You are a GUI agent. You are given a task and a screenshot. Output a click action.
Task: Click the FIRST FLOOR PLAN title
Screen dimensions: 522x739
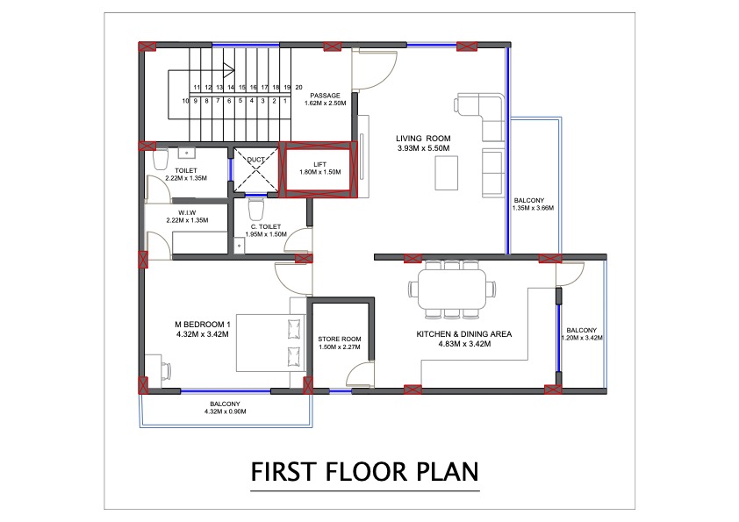pos(365,472)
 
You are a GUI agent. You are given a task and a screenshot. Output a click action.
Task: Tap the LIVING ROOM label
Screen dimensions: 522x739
pos(422,139)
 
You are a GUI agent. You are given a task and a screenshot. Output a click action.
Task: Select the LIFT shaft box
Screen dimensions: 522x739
pos(319,168)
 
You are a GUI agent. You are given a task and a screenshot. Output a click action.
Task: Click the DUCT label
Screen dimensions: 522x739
pos(255,160)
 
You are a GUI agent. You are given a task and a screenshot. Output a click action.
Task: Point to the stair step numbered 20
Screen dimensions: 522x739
pos(298,88)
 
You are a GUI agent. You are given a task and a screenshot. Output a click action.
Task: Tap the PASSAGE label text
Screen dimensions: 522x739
pos(325,95)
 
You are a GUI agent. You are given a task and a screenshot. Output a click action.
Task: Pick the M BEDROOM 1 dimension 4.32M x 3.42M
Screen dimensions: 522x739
pos(202,334)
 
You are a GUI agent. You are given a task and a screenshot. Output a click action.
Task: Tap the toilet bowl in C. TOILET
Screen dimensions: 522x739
pos(255,211)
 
